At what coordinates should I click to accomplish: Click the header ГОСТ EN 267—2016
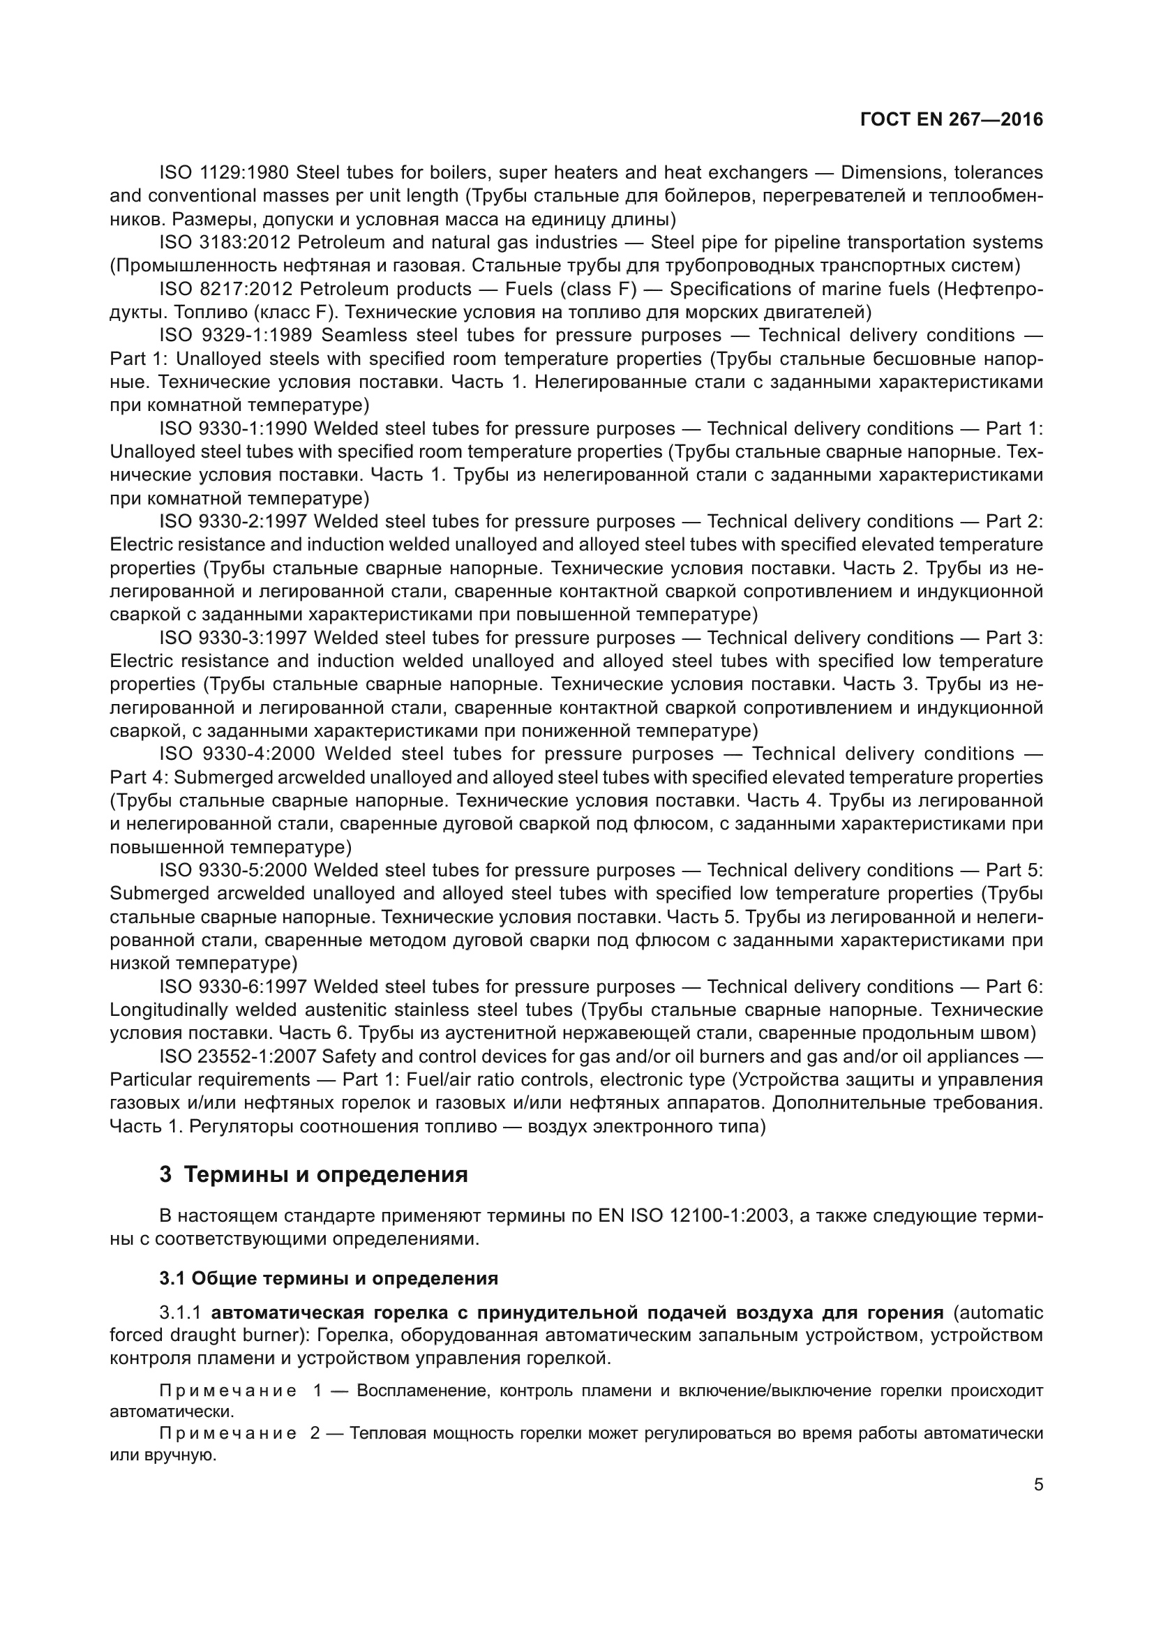click(x=951, y=119)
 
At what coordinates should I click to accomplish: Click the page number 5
click(x=1038, y=1485)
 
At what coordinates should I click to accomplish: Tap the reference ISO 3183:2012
click(x=225, y=242)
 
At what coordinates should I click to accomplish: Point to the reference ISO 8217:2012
click(x=225, y=290)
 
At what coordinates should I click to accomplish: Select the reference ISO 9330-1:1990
click(x=232, y=428)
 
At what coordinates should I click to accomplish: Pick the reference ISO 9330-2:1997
click(x=232, y=522)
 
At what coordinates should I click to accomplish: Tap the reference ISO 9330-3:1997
click(x=232, y=638)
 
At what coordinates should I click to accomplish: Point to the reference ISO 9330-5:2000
click(x=232, y=871)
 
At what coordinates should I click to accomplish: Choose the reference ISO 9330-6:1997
click(x=232, y=987)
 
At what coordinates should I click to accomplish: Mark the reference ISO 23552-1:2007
click(x=239, y=1057)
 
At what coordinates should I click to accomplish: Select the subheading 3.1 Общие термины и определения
click(x=329, y=1279)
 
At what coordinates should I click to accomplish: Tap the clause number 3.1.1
click(x=181, y=1313)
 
